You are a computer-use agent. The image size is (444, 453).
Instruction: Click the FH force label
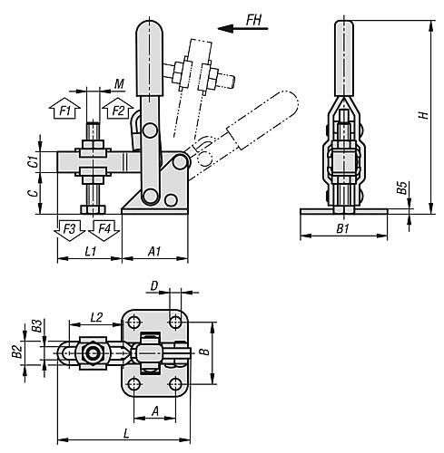pos(253,20)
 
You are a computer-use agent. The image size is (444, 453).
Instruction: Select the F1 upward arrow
pos(64,108)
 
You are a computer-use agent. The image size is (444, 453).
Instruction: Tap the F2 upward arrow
pos(118,108)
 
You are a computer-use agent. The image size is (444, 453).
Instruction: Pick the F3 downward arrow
pos(69,230)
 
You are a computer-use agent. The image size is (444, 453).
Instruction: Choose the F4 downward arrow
pos(104,230)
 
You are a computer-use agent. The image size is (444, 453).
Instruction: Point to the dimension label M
pos(119,83)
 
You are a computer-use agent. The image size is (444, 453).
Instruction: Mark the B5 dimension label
pos(402,188)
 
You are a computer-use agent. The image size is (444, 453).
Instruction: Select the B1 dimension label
pos(343,228)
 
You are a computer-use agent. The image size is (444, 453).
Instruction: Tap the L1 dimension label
pos(90,251)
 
